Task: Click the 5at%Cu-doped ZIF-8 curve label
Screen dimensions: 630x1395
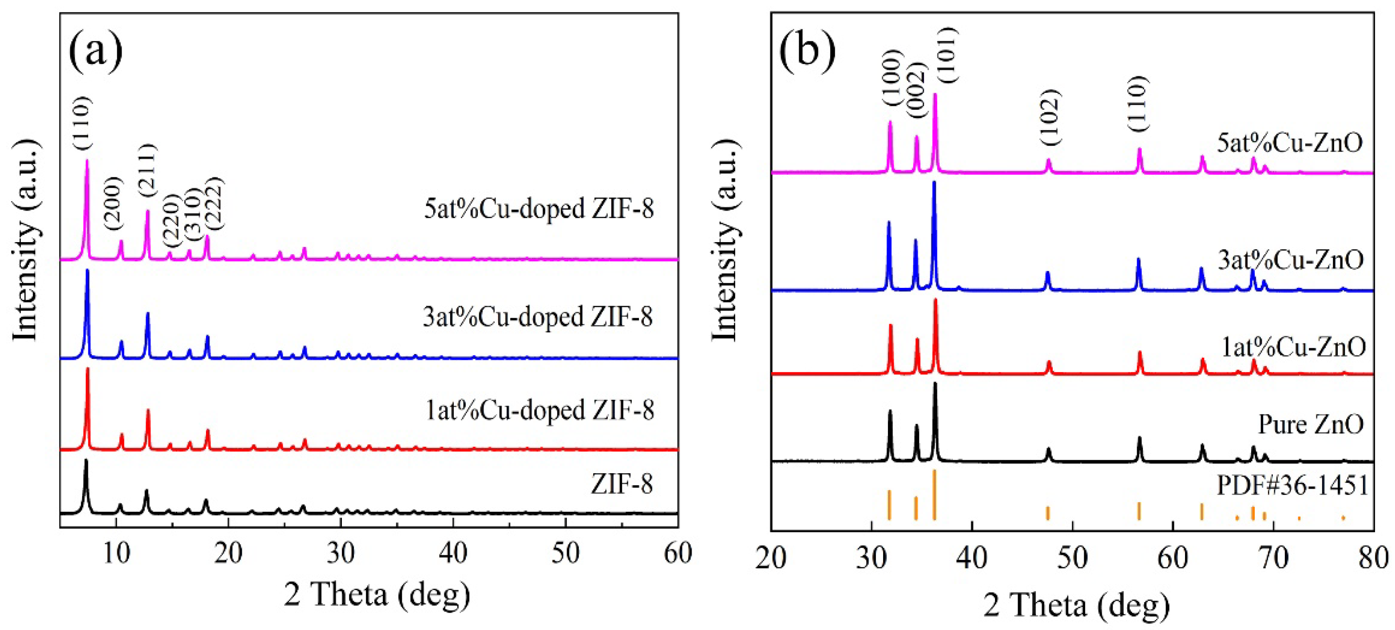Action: point(539,208)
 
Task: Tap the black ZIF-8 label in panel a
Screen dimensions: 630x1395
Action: point(622,483)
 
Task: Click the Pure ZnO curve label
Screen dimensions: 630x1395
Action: point(1311,424)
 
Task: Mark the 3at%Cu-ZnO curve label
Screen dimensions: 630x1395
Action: point(1291,260)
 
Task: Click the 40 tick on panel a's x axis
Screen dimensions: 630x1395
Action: point(453,554)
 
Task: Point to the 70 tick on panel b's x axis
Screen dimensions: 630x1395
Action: point(1274,558)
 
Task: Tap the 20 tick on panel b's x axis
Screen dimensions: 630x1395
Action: point(771,558)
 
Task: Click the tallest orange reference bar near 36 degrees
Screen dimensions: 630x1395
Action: point(935,494)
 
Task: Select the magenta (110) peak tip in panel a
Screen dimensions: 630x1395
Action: point(87,161)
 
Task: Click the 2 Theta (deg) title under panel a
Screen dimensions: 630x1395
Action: point(377,595)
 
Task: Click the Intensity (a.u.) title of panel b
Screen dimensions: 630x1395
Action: point(725,241)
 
